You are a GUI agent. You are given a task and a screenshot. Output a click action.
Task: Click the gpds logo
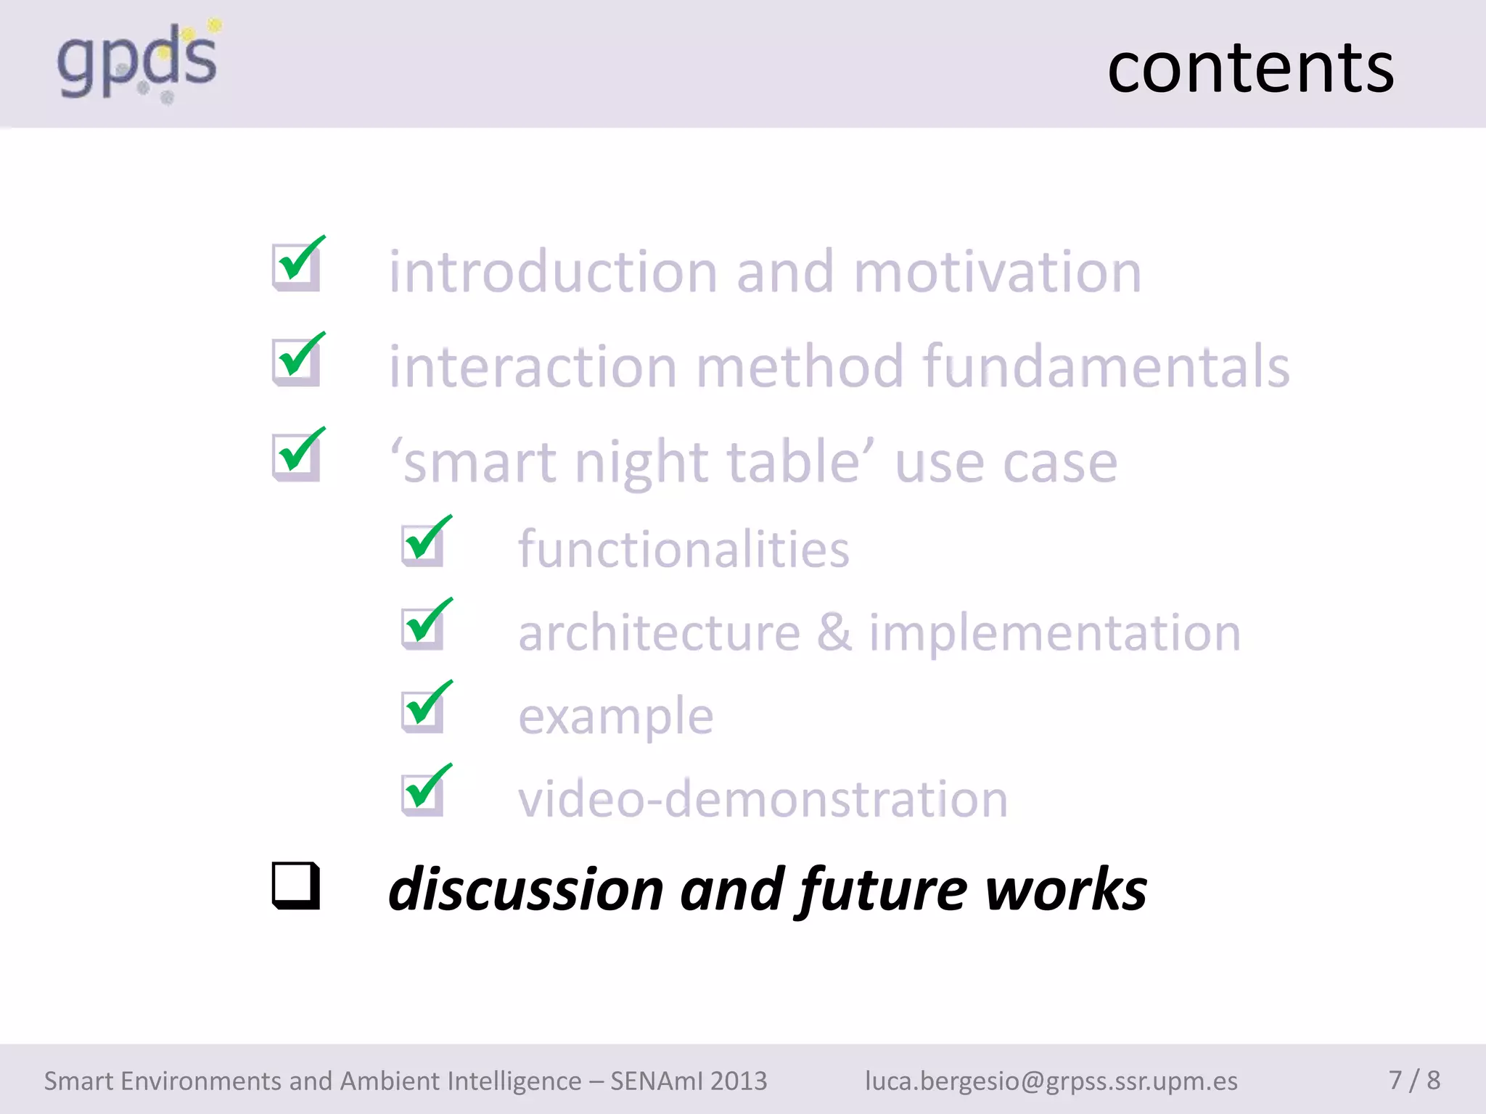pos(138,62)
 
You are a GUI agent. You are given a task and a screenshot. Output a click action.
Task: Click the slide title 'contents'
pos(1249,68)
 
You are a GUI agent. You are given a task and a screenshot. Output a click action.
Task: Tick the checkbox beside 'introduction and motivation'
pos(296,266)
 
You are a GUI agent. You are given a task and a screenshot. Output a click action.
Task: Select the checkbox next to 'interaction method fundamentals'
pos(296,362)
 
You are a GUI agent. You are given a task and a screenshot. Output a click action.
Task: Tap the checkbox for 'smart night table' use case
pos(296,457)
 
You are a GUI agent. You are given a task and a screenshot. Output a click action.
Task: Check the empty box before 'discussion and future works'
pos(295,886)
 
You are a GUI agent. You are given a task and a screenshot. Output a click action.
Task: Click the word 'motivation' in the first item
pos(997,273)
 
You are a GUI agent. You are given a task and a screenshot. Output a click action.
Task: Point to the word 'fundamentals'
pos(1106,367)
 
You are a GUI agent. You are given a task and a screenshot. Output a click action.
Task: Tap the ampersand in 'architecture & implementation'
pos(834,632)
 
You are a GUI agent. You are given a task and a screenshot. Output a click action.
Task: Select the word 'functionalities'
pos(684,550)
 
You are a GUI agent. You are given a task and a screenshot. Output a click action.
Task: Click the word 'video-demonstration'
pos(763,799)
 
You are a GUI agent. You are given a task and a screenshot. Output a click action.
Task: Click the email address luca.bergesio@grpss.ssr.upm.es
pos(1051,1081)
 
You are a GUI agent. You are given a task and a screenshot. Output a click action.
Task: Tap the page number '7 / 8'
pos(1413,1080)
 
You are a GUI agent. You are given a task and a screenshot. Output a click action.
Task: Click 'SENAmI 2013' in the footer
pos(688,1081)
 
